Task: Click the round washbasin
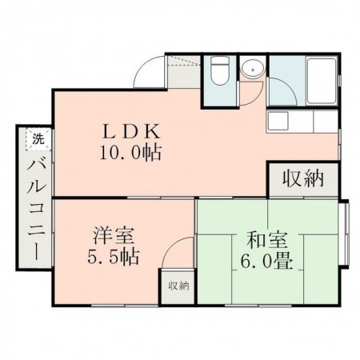click(x=251, y=70)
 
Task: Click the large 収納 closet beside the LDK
click(x=302, y=178)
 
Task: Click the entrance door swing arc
click(x=149, y=75)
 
